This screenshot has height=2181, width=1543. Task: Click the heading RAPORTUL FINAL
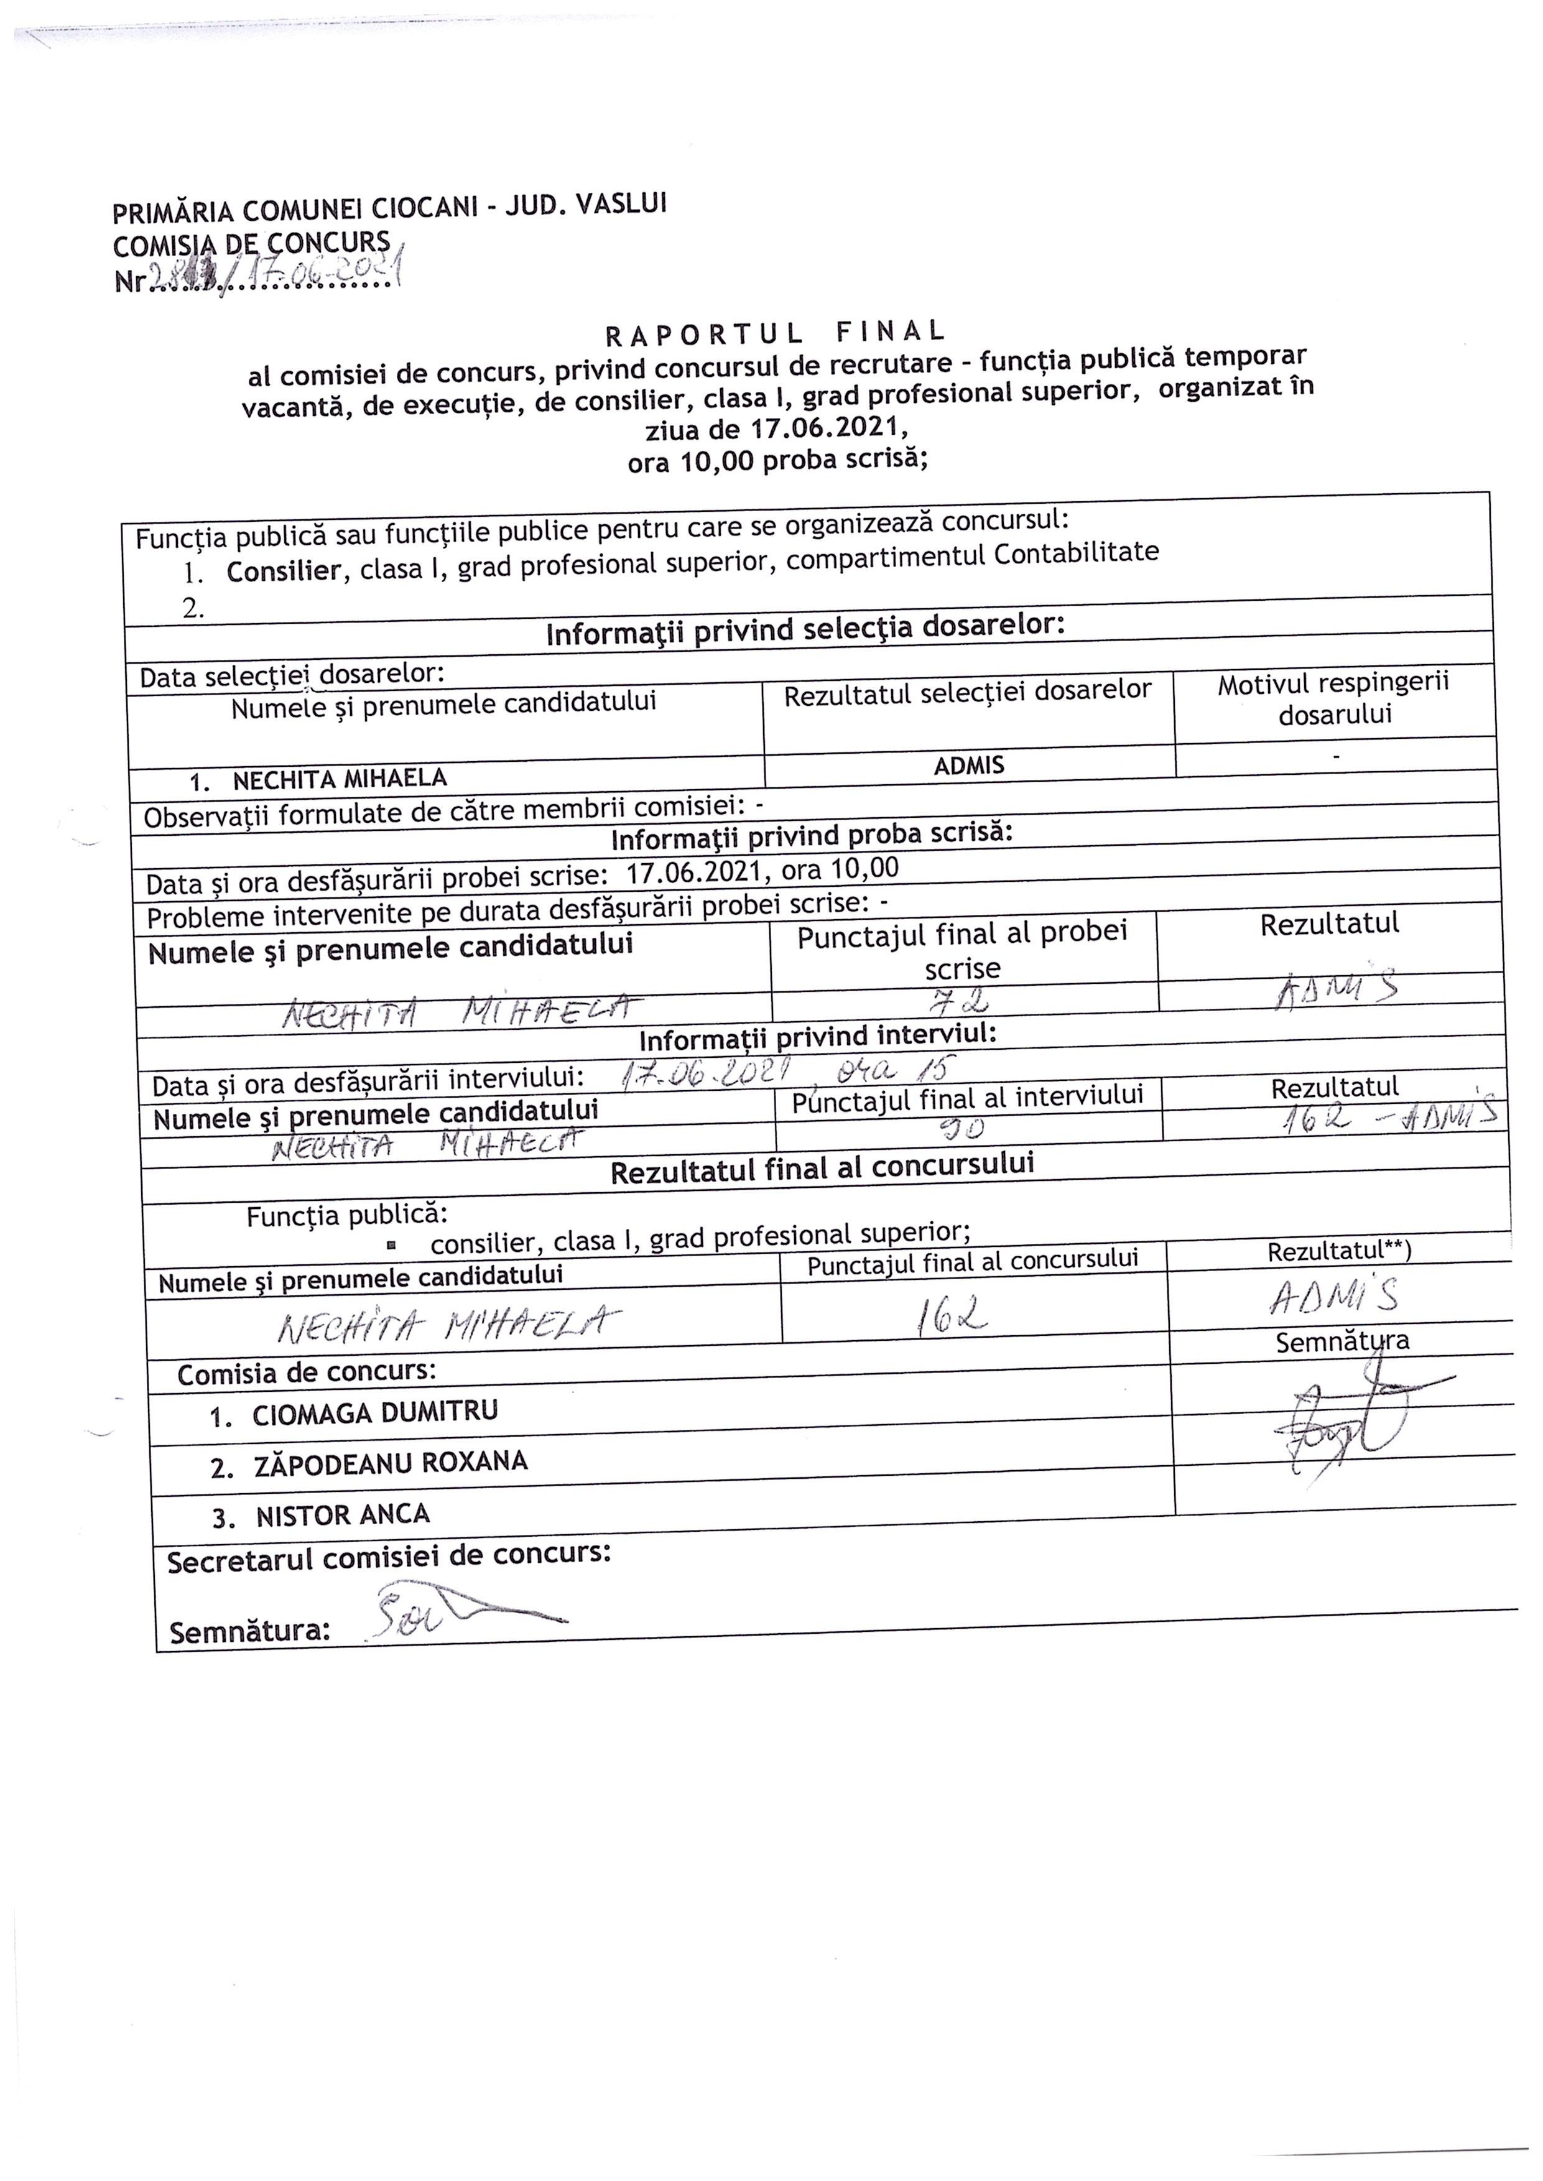pyautogui.click(x=776, y=333)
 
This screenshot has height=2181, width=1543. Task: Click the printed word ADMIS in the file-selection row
pyautogui.click(x=968, y=766)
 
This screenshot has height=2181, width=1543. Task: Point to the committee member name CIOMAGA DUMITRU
pyautogui.click(x=374, y=1412)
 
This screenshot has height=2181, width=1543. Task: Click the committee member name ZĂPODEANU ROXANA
pyautogui.click(x=391, y=1463)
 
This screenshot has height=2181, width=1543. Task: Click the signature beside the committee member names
pyautogui.click(x=1349, y=1425)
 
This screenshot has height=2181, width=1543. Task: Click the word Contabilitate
pyautogui.click(x=1077, y=553)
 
